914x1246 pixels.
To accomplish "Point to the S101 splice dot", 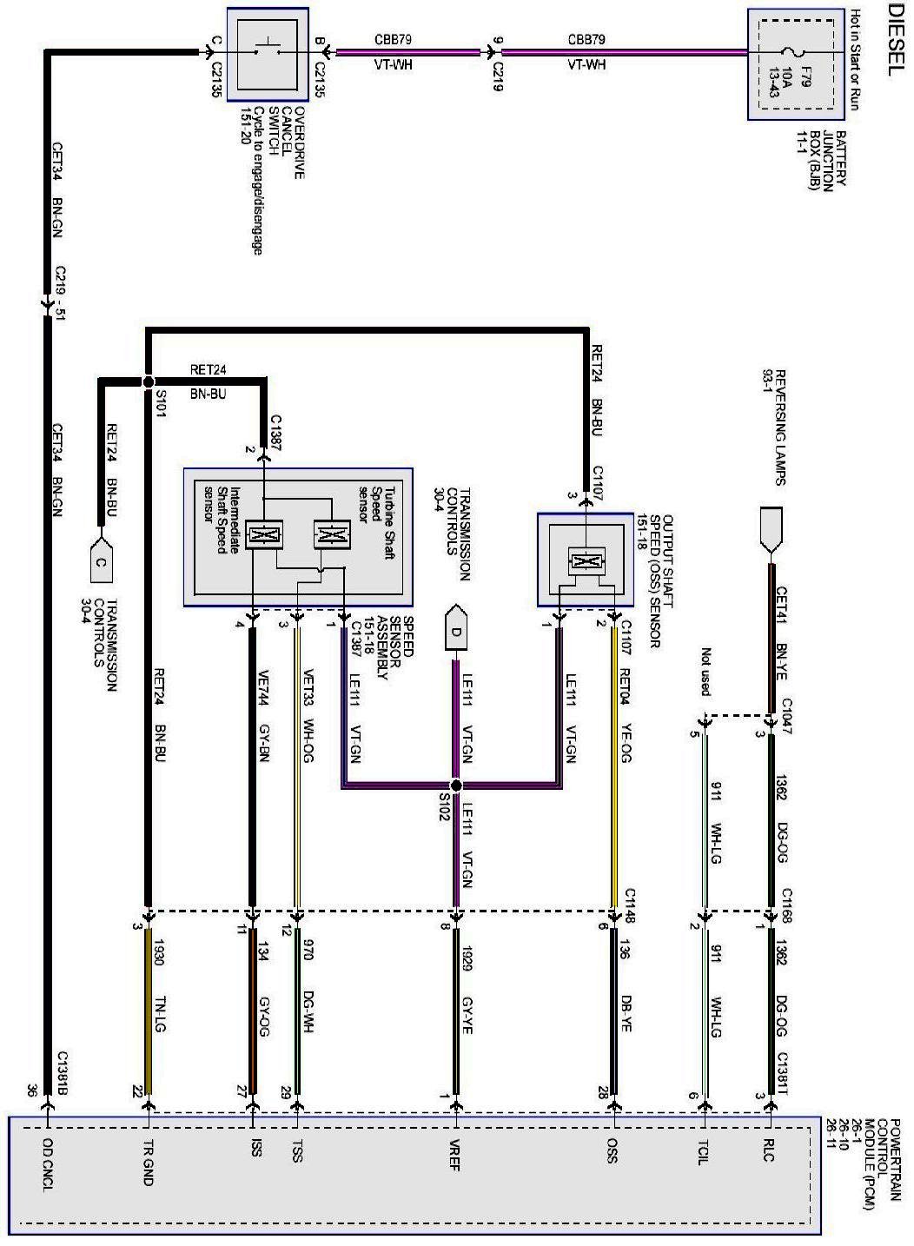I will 148,381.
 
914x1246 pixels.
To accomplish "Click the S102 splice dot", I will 456,785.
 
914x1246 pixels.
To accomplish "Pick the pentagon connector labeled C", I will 101,562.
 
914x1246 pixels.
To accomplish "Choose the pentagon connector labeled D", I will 455,631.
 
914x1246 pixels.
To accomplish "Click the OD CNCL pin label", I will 48,1164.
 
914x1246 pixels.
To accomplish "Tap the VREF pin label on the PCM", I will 454,1155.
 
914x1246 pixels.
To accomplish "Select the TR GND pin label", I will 148,1162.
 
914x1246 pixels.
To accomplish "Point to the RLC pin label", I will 770,1151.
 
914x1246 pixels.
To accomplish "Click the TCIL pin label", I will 704,1152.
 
